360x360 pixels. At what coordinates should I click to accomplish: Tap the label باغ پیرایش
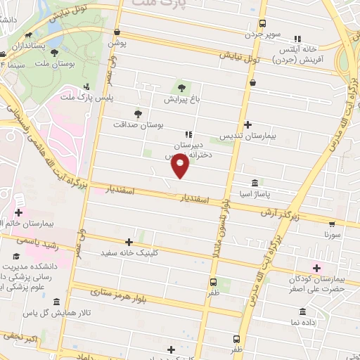[x=183, y=100]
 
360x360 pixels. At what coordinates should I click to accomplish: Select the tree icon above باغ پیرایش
[x=183, y=87]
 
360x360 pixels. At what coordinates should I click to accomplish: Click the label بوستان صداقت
[x=138, y=124]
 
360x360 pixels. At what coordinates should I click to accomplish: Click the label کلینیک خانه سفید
[x=127, y=252]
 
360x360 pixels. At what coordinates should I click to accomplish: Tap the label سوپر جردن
[x=262, y=34]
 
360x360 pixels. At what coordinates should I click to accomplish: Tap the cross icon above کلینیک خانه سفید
[x=129, y=241]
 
